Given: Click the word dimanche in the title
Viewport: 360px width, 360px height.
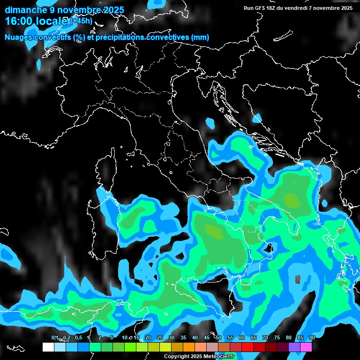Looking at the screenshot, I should click(x=24, y=10).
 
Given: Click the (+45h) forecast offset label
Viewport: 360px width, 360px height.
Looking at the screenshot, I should click(x=81, y=21).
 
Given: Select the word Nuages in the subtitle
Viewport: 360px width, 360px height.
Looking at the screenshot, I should click(x=19, y=37).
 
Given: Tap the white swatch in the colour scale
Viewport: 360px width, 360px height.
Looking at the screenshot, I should click(x=48, y=347).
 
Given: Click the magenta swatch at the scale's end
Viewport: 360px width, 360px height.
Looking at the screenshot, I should click(x=306, y=347).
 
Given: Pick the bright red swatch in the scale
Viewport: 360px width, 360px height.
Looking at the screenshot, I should click(x=247, y=347).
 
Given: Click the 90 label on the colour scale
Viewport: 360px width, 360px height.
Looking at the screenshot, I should click(x=312, y=338).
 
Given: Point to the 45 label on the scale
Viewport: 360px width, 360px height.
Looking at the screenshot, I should click(x=207, y=338).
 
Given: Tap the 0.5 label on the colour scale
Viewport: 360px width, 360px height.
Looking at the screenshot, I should click(x=78, y=338).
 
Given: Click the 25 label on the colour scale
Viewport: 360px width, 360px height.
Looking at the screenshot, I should click(x=160, y=338).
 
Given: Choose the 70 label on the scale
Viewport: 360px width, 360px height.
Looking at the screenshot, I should click(x=265, y=338).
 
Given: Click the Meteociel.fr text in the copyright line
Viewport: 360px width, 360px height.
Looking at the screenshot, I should click(x=223, y=357).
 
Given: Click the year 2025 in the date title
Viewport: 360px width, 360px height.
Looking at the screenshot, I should click(x=112, y=10).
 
